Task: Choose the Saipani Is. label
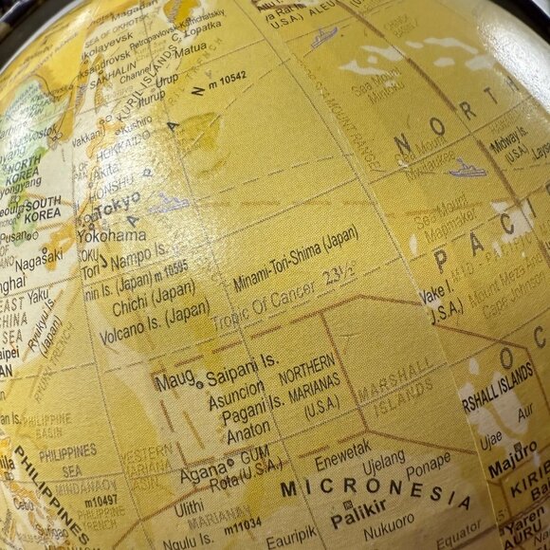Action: coord(243,362)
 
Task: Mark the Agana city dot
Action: coord(230,463)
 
